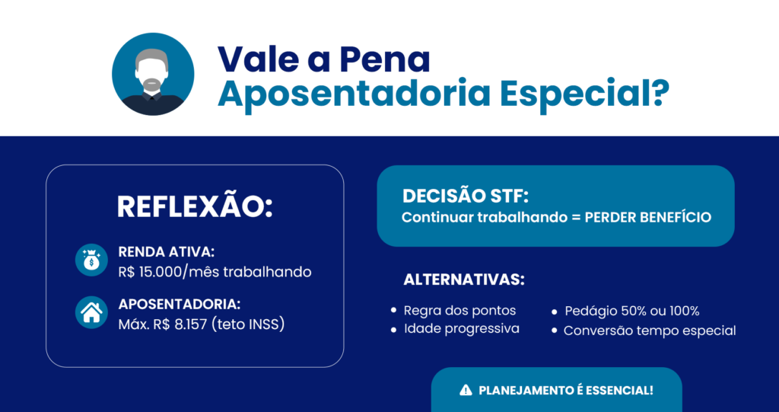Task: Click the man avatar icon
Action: click(x=153, y=74)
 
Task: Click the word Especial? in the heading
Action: click(x=584, y=94)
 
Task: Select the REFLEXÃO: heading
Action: click(x=195, y=207)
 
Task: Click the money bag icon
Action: click(x=91, y=260)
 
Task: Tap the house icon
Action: click(x=91, y=312)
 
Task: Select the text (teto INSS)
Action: click(x=248, y=325)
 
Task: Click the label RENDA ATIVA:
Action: click(x=167, y=252)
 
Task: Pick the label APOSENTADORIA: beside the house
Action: click(x=180, y=305)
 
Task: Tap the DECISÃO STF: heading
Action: click(x=466, y=196)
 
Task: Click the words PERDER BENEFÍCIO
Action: click(x=648, y=218)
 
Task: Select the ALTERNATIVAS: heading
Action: click(x=463, y=279)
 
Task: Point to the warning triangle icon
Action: click(x=466, y=390)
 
